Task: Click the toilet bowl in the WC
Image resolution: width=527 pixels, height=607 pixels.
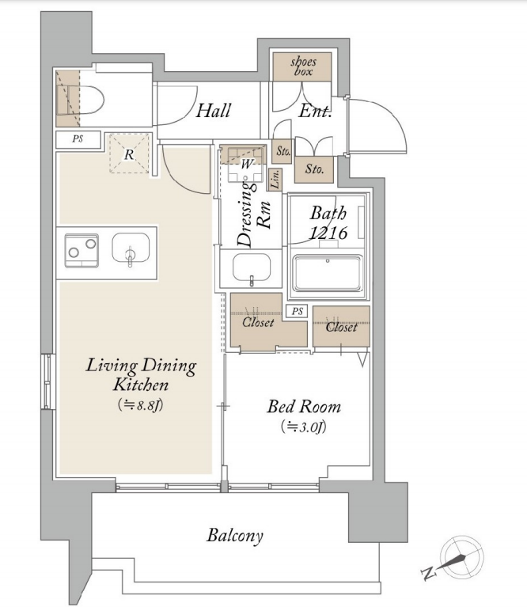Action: pyautogui.click(x=87, y=100)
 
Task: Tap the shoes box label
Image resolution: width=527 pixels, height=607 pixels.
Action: pyautogui.click(x=303, y=66)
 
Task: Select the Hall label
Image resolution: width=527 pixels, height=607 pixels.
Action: pyautogui.click(x=213, y=111)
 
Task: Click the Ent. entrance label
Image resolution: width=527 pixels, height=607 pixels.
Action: pyautogui.click(x=315, y=112)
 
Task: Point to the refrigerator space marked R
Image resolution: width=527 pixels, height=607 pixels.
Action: pyautogui.click(x=129, y=154)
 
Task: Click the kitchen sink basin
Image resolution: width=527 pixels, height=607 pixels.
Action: pyautogui.click(x=131, y=248)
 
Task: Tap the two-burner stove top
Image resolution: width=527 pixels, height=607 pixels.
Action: pyautogui.click(x=82, y=250)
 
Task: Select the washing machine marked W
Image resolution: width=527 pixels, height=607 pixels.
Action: pyautogui.click(x=246, y=164)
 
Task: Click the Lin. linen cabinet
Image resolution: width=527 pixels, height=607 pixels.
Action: pyautogui.click(x=275, y=180)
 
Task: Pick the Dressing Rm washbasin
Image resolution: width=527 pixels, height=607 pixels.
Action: pyautogui.click(x=252, y=267)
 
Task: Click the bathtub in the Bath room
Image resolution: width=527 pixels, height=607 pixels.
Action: pyautogui.click(x=328, y=273)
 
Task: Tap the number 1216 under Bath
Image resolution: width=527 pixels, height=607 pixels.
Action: pyautogui.click(x=328, y=233)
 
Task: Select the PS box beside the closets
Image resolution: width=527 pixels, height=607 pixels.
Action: pyautogui.click(x=298, y=311)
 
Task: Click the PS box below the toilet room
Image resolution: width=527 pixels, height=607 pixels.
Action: pyautogui.click(x=78, y=139)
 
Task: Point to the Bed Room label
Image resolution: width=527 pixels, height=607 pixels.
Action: pyautogui.click(x=304, y=407)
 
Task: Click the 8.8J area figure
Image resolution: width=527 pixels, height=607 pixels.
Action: pyautogui.click(x=141, y=405)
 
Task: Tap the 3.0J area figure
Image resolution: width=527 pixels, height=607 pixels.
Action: pyautogui.click(x=304, y=427)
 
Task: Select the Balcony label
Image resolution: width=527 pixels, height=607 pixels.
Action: pyautogui.click(x=235, y=536)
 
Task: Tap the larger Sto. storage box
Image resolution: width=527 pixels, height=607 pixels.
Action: pyautogui.click(x=314, y=169)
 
